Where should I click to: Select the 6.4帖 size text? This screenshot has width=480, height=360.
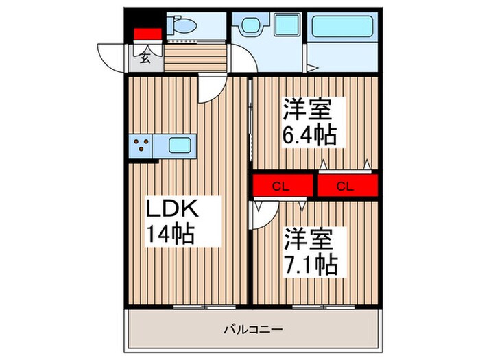pos(310,135)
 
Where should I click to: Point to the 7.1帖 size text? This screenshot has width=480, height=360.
pos(311,263)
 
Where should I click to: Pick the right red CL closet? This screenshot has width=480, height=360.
pos(346,185)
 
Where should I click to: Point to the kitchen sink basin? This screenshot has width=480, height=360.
pos(179,145)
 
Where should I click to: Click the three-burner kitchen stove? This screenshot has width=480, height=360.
pos(143,146)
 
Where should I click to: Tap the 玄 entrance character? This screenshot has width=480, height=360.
pos(146,58)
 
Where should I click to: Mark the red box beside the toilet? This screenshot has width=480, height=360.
pos(146,34)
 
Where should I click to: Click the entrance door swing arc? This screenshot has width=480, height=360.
pos(110,55)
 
